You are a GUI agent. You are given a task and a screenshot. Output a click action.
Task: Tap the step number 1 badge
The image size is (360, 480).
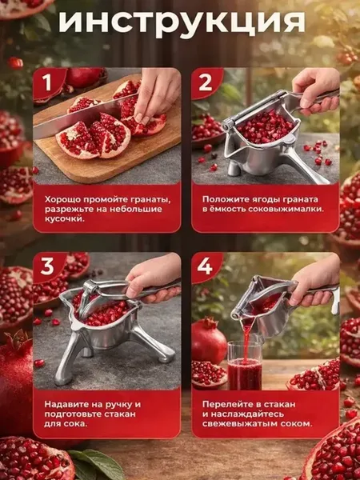(48, 82)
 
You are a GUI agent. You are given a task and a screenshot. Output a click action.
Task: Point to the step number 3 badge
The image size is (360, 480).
(48, 267)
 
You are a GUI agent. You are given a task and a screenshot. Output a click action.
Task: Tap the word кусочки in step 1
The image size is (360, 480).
(64, 220)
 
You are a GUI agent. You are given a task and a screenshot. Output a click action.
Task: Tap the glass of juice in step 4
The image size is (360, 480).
(245, 365)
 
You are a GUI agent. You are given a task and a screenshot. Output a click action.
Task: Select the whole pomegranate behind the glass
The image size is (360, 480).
(209, 341)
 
